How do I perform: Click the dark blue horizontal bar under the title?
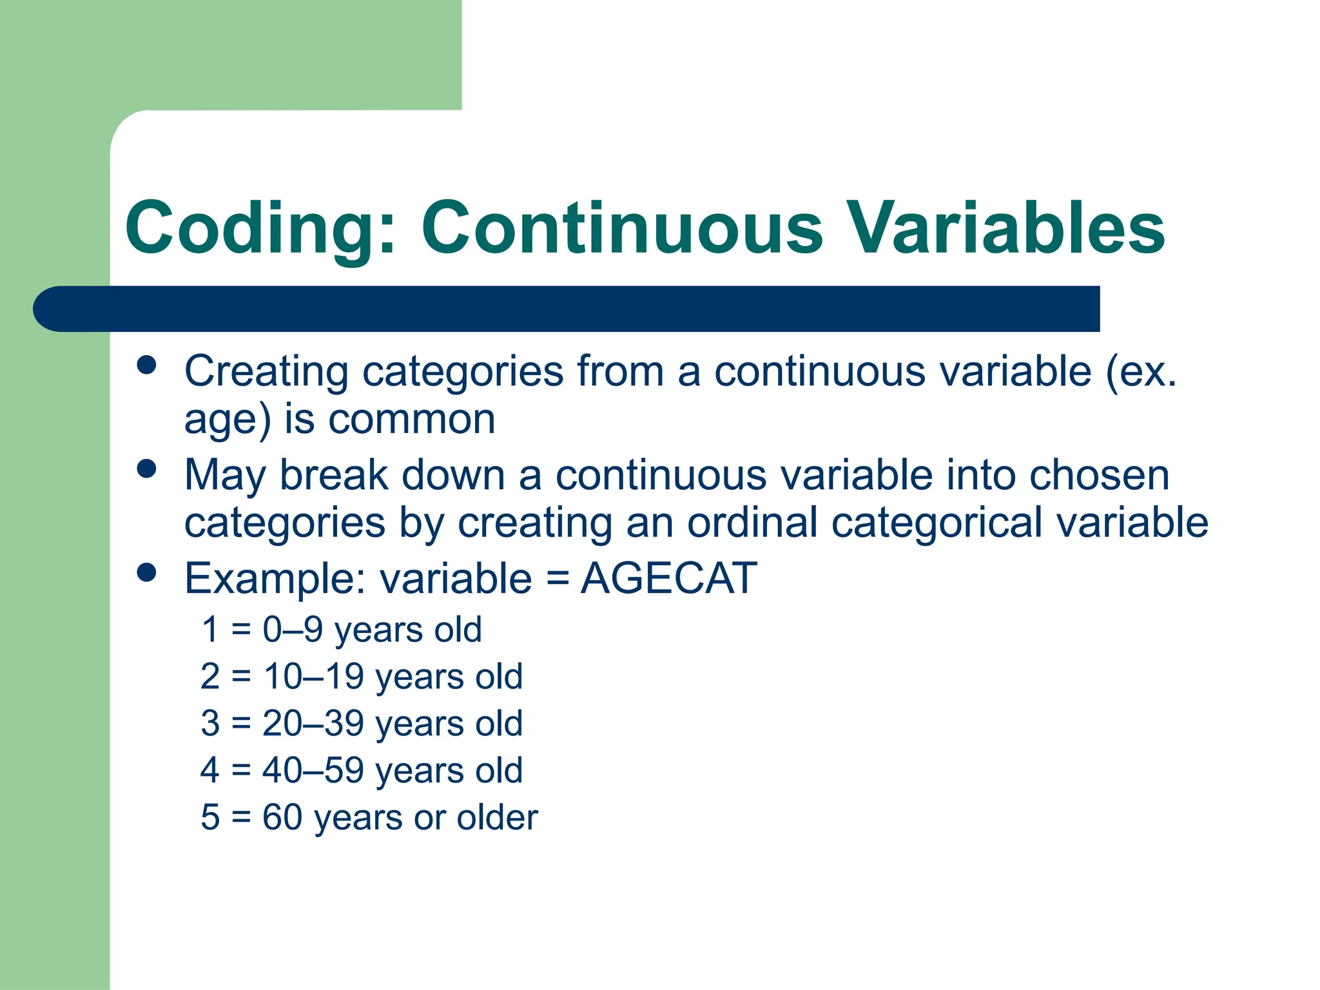[x=567, y=309]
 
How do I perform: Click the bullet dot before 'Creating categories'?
[x=147, y=365]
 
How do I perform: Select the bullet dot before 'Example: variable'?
[x=147, y=572]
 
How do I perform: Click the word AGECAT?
[x=668, y=578]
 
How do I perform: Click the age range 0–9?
[x=293, y=629]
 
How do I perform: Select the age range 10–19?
[x=314, y=676]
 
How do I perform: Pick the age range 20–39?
[x=313, y=723]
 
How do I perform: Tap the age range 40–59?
[x=313, y=770]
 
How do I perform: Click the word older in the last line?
[x=497, y=817]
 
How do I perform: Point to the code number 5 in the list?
[x=210, y=817]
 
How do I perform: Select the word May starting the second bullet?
[x=224, y=476]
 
